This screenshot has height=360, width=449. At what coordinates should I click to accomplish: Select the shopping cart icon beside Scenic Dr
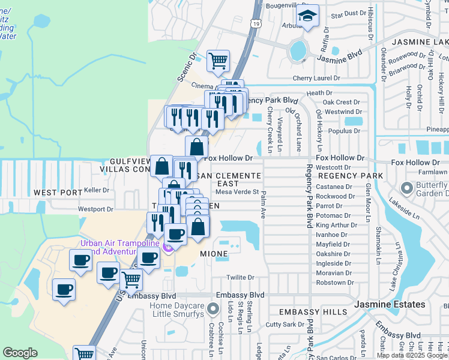[x=218, y=60]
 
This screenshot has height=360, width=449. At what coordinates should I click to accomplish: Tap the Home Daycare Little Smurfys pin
[x=212, y=309]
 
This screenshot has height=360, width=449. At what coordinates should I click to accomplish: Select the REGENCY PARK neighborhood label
[x=351, y=176]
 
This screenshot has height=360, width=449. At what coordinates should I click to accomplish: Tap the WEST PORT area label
[x=58, y=193]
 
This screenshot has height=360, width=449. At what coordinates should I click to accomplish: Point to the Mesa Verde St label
[x=237, y=192]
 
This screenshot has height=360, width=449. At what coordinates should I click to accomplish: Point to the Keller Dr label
[x=97, y=190]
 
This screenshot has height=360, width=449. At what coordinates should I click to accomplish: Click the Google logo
[x=20, y=353]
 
